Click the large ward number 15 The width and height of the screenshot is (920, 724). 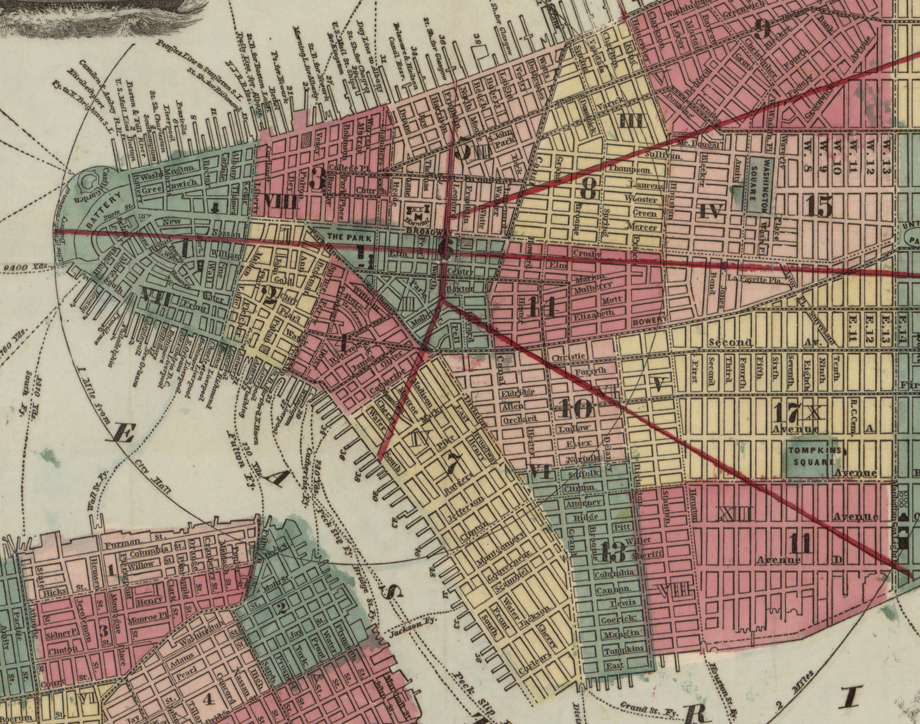(x=819, y=205)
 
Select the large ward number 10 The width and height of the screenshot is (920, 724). (x=576, y=407)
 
